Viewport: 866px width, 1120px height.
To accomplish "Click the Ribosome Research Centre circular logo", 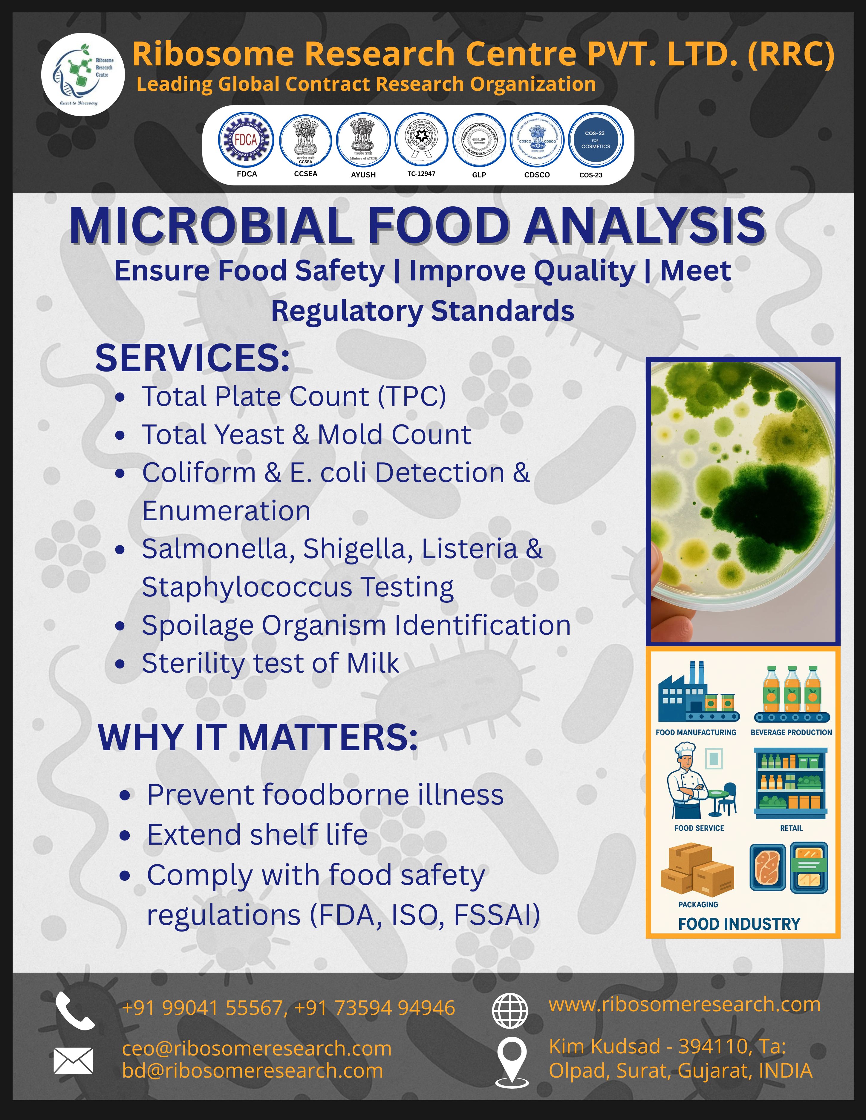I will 82,74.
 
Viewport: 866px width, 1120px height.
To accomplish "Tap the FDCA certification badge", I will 246,139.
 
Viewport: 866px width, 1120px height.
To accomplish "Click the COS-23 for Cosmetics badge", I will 596,139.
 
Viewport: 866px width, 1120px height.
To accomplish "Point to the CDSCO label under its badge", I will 537,175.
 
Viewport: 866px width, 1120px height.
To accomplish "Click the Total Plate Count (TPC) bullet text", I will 293,396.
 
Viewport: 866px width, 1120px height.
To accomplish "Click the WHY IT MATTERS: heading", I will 258,738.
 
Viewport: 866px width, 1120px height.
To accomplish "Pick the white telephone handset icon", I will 74,1010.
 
